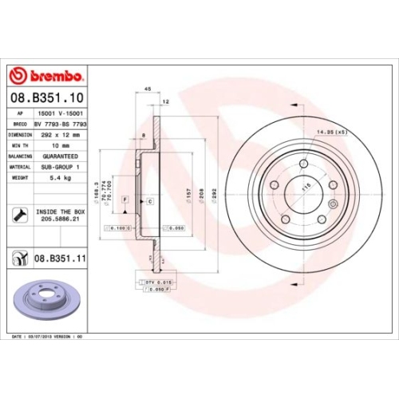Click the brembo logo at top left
45,76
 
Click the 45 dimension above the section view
148,89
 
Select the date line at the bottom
49,338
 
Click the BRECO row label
19,125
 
